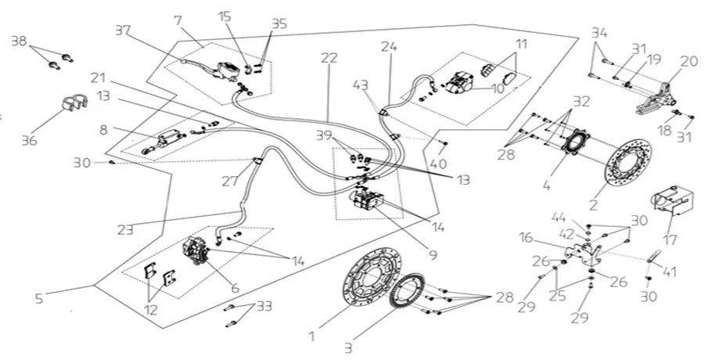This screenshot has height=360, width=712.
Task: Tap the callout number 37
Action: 123,31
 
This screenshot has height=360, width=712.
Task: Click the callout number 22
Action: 329,59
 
